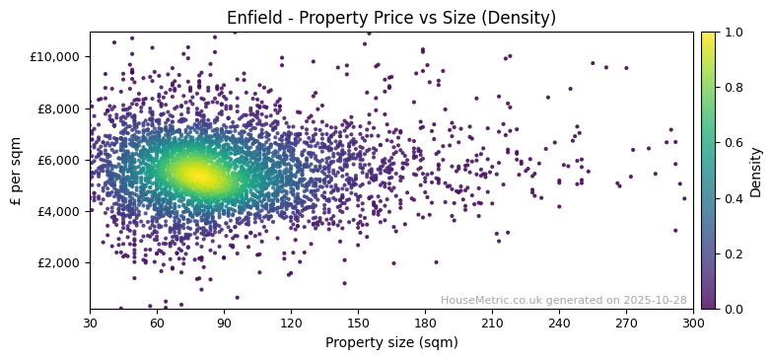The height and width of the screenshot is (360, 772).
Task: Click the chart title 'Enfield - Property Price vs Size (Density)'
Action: pos(391,18)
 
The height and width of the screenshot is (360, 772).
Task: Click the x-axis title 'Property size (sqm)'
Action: pos(391,343)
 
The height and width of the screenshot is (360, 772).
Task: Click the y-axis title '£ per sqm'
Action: pos(17,171)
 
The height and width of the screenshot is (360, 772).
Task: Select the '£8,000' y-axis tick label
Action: pos(60,108)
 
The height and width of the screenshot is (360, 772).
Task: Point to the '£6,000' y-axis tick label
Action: pos(60,160)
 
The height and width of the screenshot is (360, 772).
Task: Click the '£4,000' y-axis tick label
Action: pos(60,211)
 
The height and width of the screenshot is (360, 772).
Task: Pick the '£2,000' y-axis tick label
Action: pos(60,262)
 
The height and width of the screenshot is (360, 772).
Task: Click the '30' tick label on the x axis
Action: pos(90,323)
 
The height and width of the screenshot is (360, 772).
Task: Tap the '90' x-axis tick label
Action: pos(224,323)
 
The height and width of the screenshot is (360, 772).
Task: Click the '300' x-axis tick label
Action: pos(693,323)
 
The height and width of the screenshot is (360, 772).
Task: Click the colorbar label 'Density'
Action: pos(756,171)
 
